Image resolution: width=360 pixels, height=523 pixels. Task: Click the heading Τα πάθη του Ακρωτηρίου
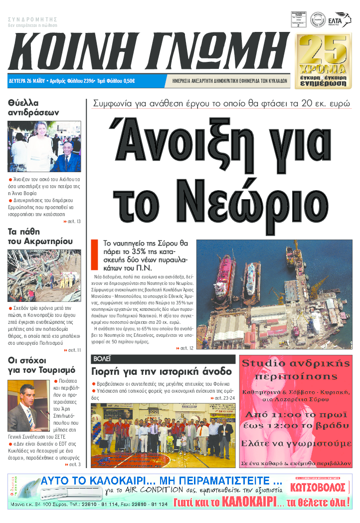[40, 237]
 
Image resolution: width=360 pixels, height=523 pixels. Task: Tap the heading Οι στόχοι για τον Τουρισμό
[41, 365]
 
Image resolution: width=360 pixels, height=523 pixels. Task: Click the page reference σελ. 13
[72, 221]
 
